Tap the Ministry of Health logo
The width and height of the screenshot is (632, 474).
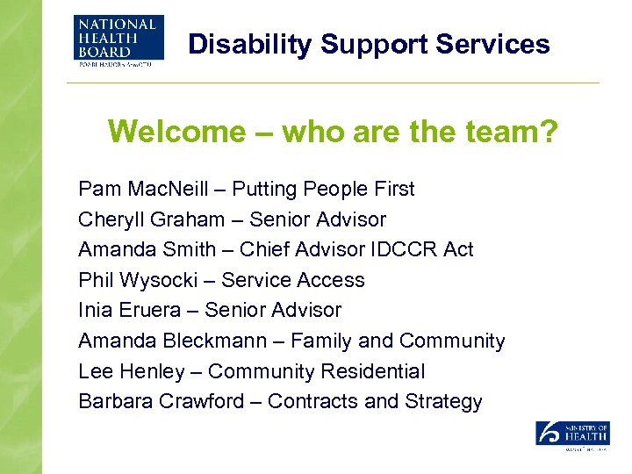(x=572, y=435)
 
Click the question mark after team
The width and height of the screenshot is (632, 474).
(x=549, y=132)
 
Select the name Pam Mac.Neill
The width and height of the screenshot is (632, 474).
(x=140, y=189)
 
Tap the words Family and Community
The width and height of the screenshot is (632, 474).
(x=398, y=341)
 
